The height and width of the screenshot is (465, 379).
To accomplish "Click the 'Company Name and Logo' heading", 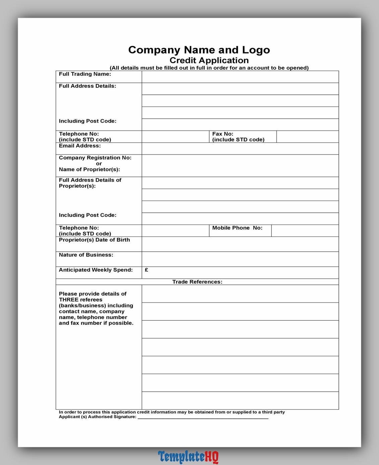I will coord(199,50).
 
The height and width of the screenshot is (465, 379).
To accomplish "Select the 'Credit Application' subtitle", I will coord(209,60).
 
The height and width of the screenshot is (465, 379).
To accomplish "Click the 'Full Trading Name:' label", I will coord(85,74).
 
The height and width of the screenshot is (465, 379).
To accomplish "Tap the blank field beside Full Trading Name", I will coord(240,77).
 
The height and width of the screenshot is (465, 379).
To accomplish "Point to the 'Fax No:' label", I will coord(223,134).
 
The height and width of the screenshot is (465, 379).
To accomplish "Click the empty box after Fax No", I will coord(307,137).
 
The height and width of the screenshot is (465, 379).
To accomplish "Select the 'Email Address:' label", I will coord(80,146).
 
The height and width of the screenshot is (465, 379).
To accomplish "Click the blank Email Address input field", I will coord(240,148).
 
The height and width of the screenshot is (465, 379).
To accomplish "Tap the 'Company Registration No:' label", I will coord(95,158).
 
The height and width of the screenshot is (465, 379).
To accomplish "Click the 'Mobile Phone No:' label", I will coord(237,228).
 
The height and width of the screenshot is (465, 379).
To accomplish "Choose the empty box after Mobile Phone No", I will coord(305,230).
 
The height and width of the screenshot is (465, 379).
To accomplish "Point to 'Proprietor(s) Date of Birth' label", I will coord(94,240).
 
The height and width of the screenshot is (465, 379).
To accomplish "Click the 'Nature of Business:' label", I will coord(86,255).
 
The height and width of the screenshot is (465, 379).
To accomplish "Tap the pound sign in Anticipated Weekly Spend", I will coord(147,270).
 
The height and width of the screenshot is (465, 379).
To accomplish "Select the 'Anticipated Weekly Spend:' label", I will coord(96,270).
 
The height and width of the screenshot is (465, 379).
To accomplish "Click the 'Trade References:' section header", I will coord(197,282).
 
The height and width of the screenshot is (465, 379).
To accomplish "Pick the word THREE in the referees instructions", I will coord(69,300).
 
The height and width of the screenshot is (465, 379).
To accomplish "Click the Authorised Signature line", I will coord(203,417).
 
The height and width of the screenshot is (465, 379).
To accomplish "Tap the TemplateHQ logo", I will coord(188,457).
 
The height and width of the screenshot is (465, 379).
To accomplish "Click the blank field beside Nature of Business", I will coord(240,259).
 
